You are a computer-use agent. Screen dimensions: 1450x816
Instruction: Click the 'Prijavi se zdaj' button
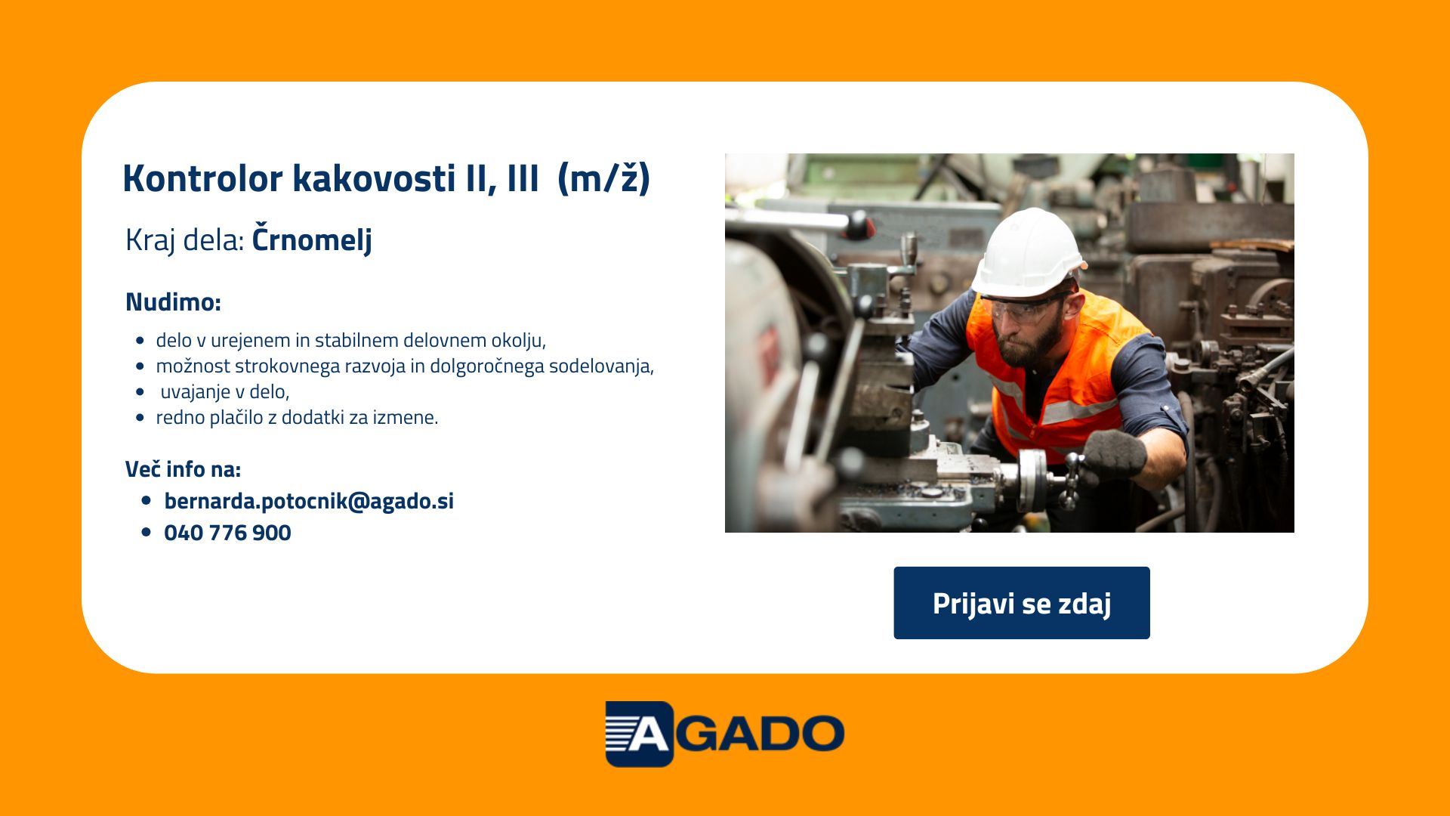click(1022, 603)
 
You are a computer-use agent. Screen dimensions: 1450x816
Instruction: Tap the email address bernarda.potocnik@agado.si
click(309, 501)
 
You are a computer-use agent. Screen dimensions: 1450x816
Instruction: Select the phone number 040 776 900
click(227, 533)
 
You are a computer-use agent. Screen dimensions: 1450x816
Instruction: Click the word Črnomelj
click(312, 240)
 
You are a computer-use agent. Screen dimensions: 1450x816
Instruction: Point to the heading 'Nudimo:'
click(173, 301)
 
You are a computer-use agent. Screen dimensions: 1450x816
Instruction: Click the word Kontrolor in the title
click(202, 178)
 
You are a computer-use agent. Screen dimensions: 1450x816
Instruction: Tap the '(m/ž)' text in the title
click(603, 178)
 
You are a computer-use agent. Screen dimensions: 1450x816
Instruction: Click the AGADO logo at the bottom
click(725, 734)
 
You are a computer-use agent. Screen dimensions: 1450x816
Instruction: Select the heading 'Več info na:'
click(183, 469)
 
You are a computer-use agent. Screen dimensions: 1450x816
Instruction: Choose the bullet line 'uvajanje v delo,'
click(225, 391)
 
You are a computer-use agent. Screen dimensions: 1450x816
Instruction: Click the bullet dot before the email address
click(147, 501)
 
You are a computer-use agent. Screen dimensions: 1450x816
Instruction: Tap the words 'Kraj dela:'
click(185, 240)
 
